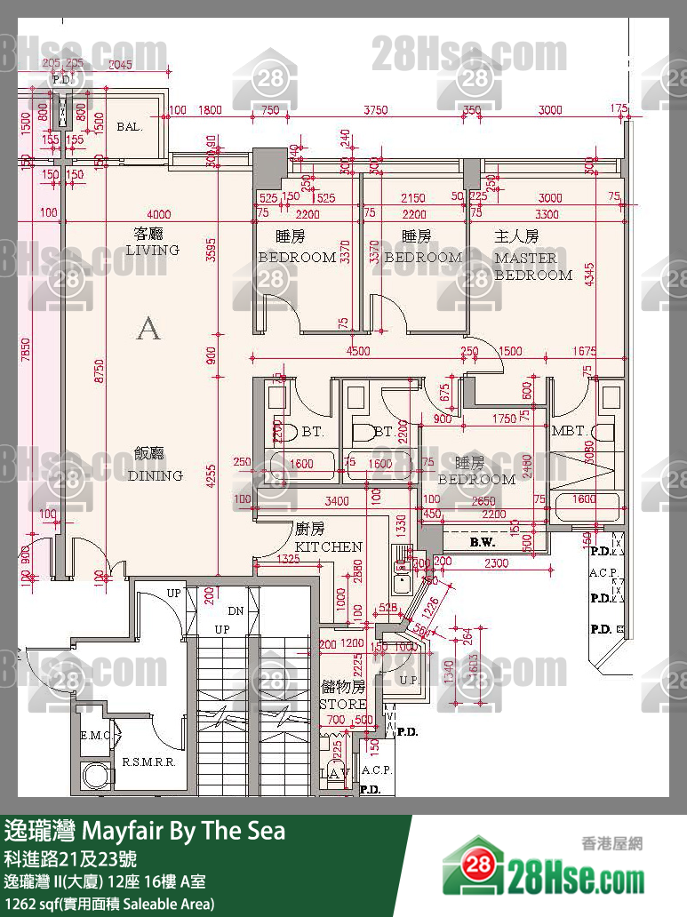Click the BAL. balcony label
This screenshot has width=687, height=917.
click(130, 127)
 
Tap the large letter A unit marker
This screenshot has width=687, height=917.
click(148, 330)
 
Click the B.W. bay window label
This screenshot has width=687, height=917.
click(482, 541)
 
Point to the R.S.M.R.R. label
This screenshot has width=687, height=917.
click(147, 762)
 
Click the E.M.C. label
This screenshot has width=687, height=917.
click(93, 736)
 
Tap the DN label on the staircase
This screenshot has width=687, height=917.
click(236, 611)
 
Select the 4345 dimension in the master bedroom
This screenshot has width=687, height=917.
click(587, 275)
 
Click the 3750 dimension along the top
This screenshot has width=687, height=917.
click(377, 110)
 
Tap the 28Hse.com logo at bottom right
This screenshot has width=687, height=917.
click(545, 870)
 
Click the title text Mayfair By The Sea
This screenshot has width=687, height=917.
click(146, 831)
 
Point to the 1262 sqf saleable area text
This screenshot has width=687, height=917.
click(108, 904)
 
